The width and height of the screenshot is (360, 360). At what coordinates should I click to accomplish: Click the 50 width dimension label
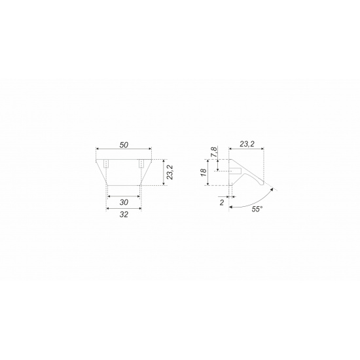[x=124, y=145]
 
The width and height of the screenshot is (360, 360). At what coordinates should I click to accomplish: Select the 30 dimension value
[x=124, y=202]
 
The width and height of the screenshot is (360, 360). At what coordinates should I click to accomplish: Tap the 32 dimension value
[x=124, y=215]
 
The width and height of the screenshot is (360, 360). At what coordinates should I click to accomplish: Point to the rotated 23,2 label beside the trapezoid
[x=170, y=172]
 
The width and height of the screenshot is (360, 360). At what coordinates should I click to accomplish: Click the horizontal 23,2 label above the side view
[x=247, y=144]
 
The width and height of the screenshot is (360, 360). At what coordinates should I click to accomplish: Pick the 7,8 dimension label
[x=214, y=152]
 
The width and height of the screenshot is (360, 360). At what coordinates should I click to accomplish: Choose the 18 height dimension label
[x=204, y=172]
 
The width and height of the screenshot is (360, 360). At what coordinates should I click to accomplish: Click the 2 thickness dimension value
[x=222, y=203]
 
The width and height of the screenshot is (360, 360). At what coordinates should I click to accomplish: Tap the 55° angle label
[x=257, y=209]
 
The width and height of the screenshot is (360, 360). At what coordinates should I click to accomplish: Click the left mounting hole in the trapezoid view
[x=106, y=164]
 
